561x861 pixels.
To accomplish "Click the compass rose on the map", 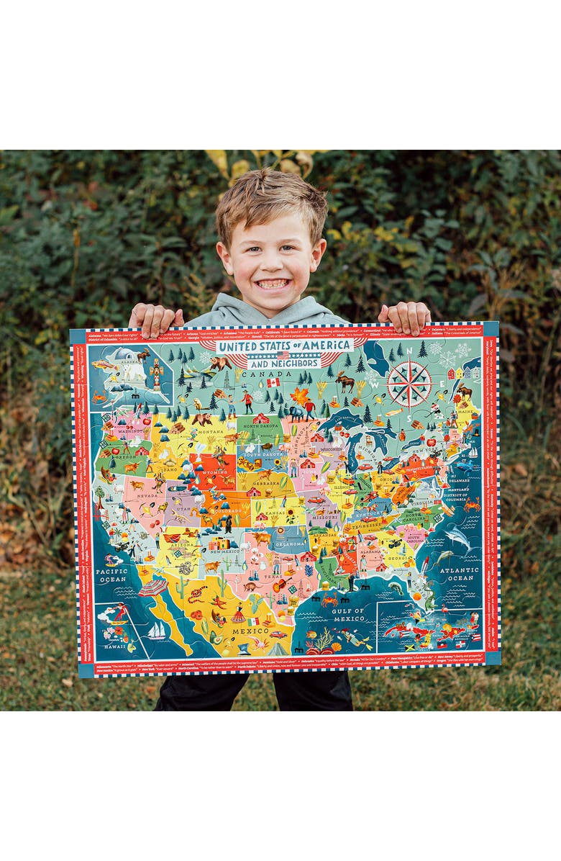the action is (409, 384).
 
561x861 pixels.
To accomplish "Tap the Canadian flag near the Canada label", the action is (273, 383).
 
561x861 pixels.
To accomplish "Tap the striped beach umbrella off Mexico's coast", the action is (152, 587).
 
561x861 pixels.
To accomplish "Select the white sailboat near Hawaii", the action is (158, 630).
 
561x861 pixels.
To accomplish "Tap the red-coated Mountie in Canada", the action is (247, 400).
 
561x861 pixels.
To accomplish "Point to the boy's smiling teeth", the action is (272, 284).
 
